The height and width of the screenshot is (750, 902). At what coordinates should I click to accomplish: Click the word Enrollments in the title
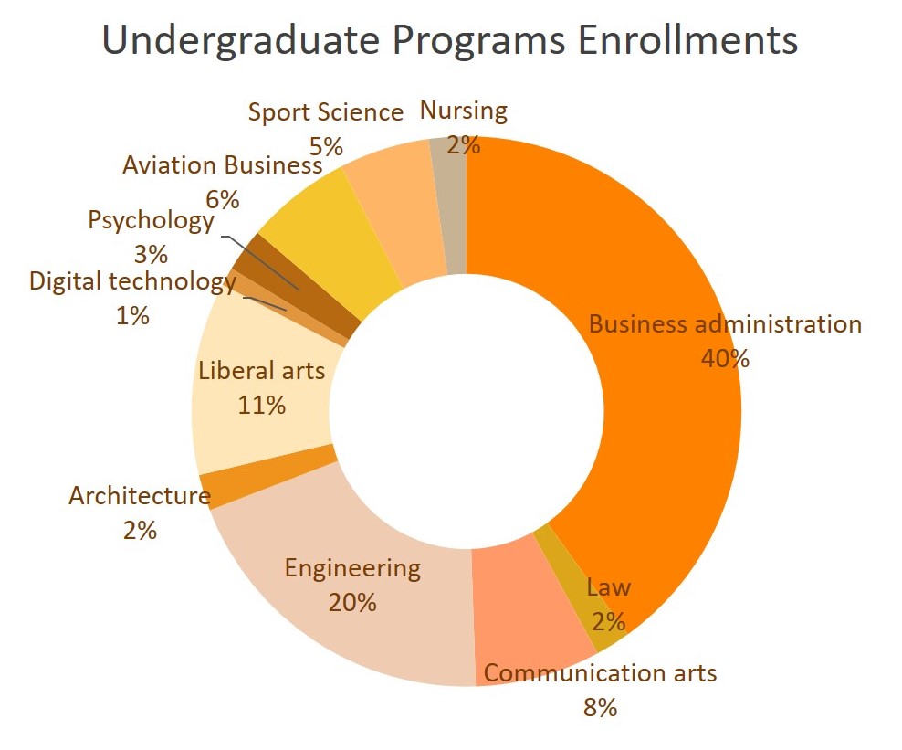687,40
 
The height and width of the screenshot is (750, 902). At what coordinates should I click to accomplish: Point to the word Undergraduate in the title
240,41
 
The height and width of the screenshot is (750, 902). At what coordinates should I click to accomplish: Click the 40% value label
725,359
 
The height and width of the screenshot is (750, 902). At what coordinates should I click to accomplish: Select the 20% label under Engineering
352,603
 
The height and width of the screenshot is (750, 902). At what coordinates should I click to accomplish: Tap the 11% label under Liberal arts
262,406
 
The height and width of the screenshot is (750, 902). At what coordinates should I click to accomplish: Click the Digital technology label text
133,281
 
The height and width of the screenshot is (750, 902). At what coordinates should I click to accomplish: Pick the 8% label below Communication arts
600,707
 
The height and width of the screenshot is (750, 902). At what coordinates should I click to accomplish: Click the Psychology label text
151,220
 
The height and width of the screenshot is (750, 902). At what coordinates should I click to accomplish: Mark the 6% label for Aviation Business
223,200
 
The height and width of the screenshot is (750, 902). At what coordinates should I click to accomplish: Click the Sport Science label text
326,112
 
